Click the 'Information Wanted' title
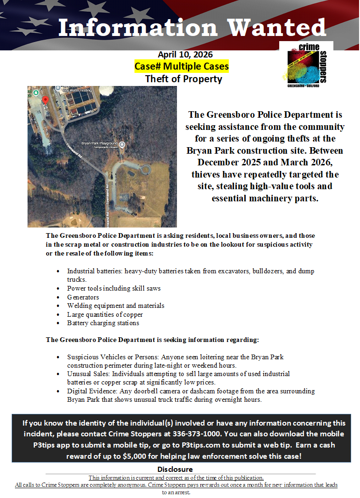coord(192,28)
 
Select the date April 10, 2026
coord(185,55)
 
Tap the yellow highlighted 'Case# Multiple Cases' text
coord(182,66)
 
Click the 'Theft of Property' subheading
coord(184,78)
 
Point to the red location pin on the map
coord(45,100)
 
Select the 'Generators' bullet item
coord(83,297)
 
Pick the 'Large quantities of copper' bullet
coord(105,314)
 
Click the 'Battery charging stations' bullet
coord(103,323)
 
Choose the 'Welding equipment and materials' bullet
coord(115,306)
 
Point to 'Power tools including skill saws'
coord(114,288)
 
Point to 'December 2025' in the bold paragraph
coord(223,163)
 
